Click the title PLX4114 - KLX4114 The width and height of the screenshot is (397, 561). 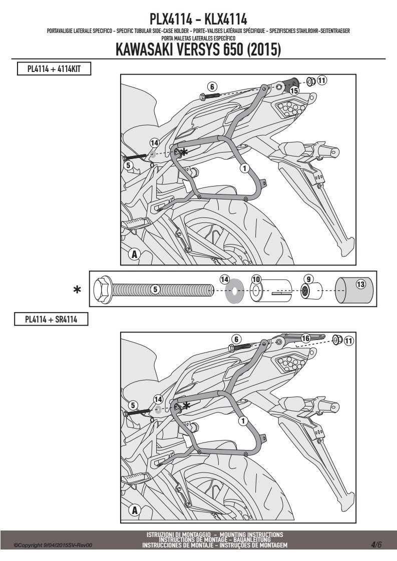[198, 18]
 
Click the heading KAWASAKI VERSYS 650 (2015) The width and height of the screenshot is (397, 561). [198, 49]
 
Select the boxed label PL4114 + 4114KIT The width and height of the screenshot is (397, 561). [54, 68]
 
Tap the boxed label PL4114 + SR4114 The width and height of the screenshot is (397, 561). [51, 319]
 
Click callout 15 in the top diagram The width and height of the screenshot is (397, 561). [294, 90]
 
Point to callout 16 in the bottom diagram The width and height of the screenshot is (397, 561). [305, 338]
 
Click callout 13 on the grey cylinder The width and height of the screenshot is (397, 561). [360, 284]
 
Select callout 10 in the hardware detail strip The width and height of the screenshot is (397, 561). [256, 279]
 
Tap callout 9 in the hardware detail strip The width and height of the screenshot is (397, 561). [308, 278]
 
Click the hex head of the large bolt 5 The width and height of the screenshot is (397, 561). [103, 289]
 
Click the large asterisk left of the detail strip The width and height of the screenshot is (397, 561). [77, 289]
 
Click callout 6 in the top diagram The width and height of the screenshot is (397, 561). [212, 86]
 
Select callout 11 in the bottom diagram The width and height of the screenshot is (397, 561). [348, 340]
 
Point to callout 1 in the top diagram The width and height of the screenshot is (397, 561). [245, 168]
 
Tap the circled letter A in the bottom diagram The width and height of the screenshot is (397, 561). [135, 510]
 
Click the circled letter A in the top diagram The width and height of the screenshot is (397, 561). [134, 254]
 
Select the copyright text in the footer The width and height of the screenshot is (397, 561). [53, 545]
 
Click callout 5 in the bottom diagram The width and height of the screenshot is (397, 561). [133, 405]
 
